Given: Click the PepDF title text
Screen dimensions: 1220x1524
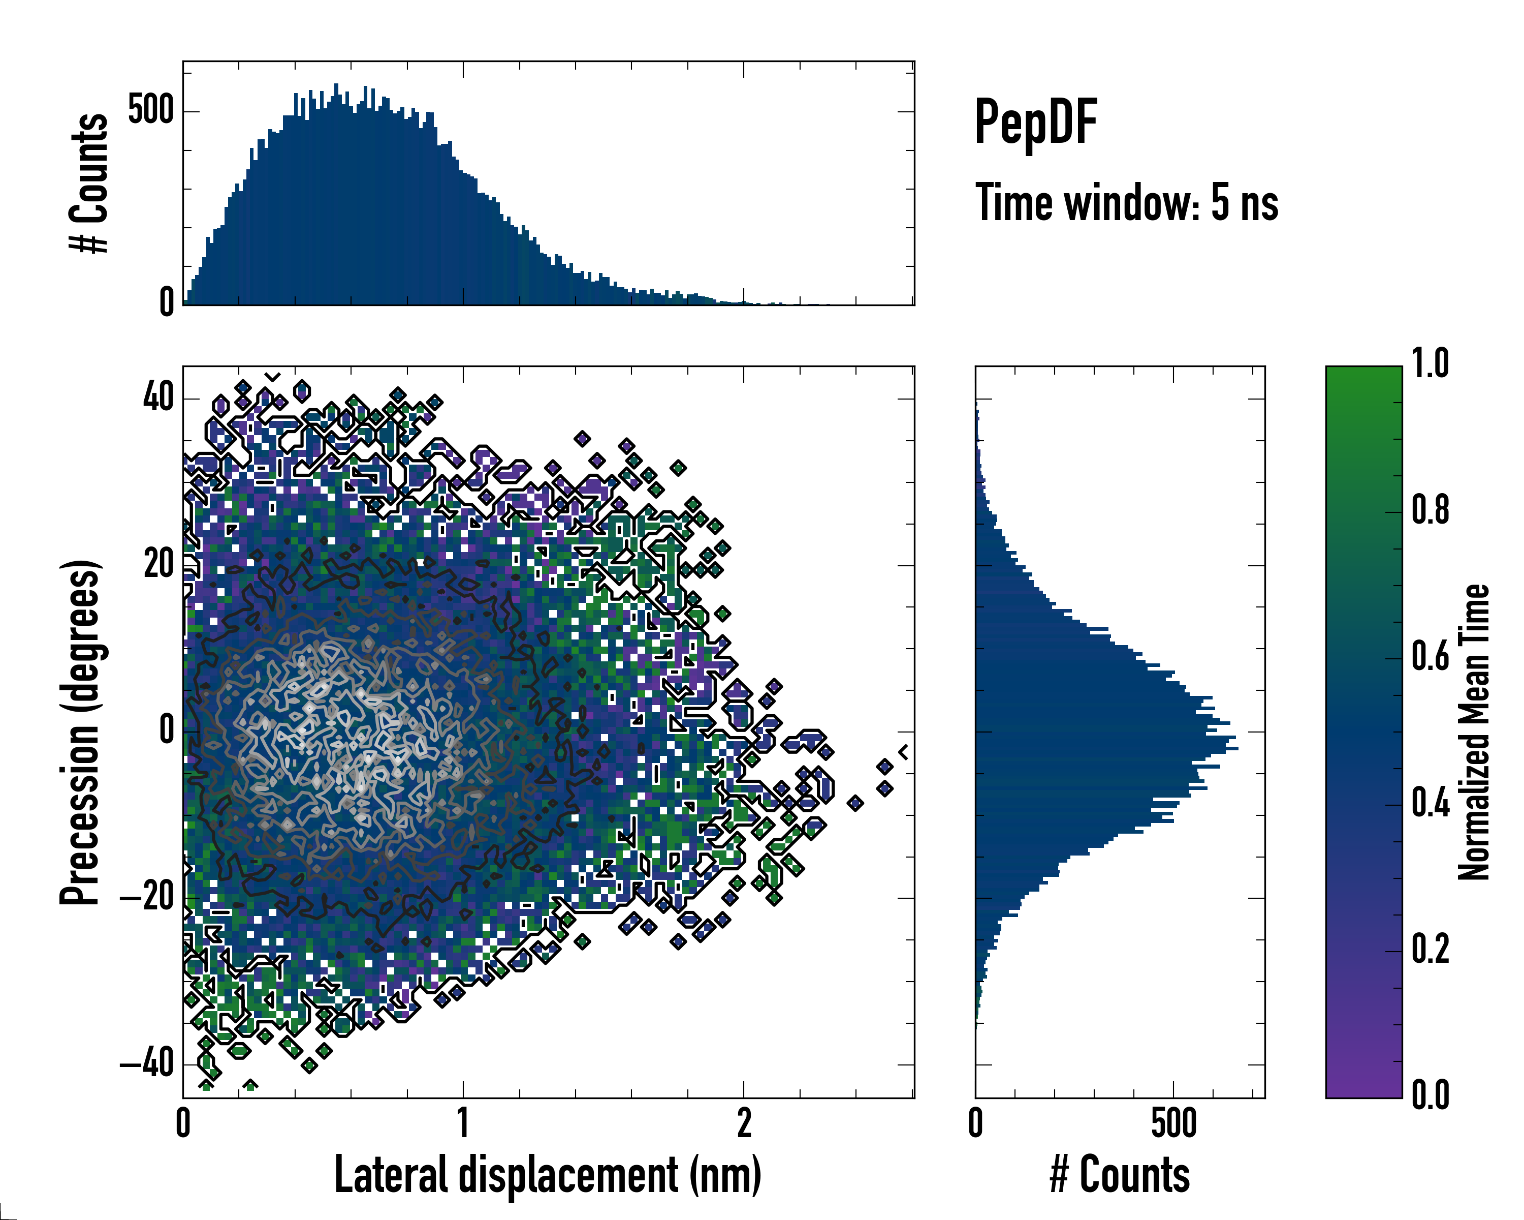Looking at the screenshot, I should (x=1035, y=123).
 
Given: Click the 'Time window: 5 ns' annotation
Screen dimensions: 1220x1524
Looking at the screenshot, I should (x=1126, y=203).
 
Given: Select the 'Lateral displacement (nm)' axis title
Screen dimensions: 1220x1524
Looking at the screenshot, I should (x=547, y=1175).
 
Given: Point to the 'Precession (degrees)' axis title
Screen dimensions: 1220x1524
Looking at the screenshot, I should (x=80, y=732).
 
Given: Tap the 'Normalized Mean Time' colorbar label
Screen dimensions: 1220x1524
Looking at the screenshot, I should (x=1473, y=732).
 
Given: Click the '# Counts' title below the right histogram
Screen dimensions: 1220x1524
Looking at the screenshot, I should (x=1120, y=1175).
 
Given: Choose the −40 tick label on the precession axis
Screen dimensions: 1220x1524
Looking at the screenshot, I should (x=147, y=1064).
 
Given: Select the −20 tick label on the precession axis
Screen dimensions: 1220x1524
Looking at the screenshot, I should (x=147, y=898).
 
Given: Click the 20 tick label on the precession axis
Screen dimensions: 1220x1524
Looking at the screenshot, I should (x=158, y=564).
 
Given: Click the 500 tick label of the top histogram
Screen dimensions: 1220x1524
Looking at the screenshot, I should (x=150, y=110).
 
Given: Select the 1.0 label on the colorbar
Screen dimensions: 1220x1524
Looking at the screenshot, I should (x=1430, y=365).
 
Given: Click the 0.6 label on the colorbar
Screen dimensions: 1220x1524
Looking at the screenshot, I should (x=1430, y=657).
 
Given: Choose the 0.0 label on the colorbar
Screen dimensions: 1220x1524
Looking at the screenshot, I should (x=1430, y=1095).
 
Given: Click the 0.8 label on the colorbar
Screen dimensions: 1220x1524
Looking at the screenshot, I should (x=1430, y=511).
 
